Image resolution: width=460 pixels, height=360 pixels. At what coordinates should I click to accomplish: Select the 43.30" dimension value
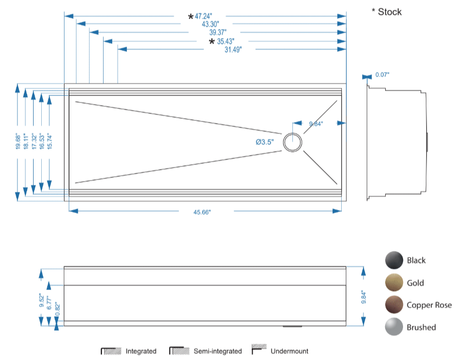pyautogui.click(x=210, y=24)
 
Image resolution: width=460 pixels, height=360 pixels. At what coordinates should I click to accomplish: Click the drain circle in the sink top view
pyautogui.click(x=292, y=142)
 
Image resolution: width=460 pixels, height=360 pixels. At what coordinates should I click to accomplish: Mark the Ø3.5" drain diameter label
pyautogui.click(x=265, y=142)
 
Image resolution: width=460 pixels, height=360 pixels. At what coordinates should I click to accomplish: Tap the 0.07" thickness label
pyautogui.click(x=382, y=75)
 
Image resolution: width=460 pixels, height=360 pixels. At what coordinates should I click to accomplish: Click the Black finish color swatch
pyautogui.click(x=394, y=261)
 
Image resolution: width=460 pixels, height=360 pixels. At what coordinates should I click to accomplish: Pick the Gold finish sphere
pyautogui.click(x=394, y=283)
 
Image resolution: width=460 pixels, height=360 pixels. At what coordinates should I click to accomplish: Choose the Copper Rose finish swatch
pyautogui.click(x=394, y=305)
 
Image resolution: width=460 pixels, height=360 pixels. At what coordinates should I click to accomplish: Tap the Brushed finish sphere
pyautogui.click(x=394, y=327)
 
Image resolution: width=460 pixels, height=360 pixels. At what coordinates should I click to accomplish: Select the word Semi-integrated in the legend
pyautogui.click(x=218, y=351)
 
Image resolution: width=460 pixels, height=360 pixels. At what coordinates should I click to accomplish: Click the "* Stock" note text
pyautogui.click(x=386, y=12)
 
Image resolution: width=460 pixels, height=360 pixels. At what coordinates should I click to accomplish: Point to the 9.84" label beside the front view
pyautogui.click(x=364, y=297)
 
